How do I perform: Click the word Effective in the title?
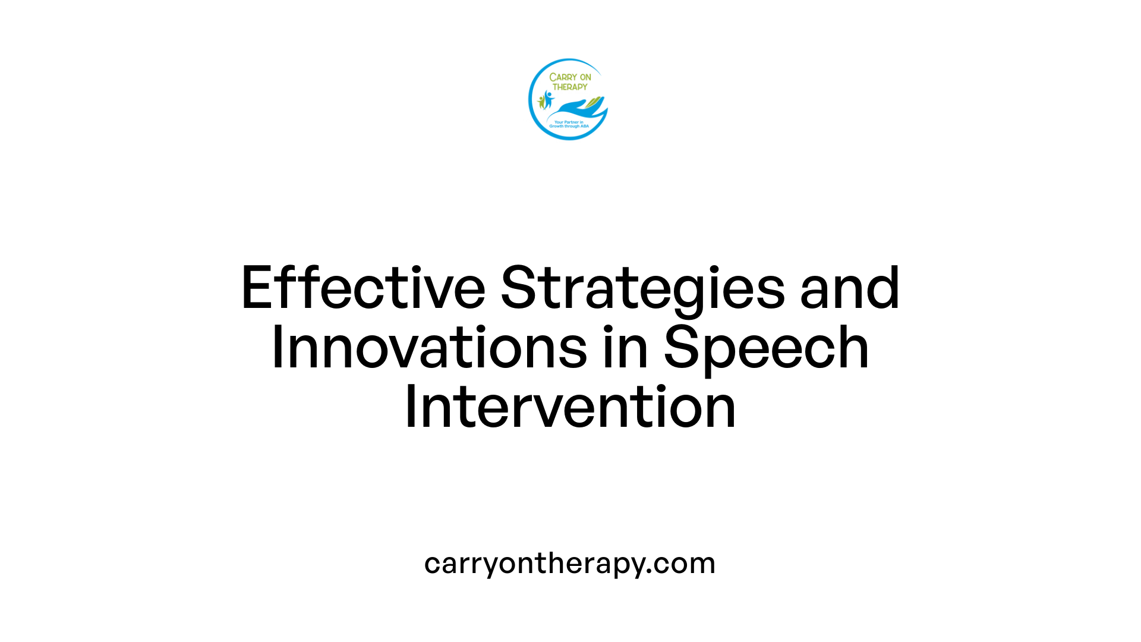coord(363,288)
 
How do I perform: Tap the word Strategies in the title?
coord(642,289)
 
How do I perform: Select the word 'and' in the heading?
coord(850,288)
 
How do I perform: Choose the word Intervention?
coord(570,407)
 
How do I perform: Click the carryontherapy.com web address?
coord(569,563)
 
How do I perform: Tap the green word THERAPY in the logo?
coord(570,87)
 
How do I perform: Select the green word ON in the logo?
coord(585,77)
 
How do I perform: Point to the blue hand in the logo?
coord(576,109)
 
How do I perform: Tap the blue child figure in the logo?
coord(548,99)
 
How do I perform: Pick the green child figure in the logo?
coord(541,102)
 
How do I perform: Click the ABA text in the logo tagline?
coord(585,126)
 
